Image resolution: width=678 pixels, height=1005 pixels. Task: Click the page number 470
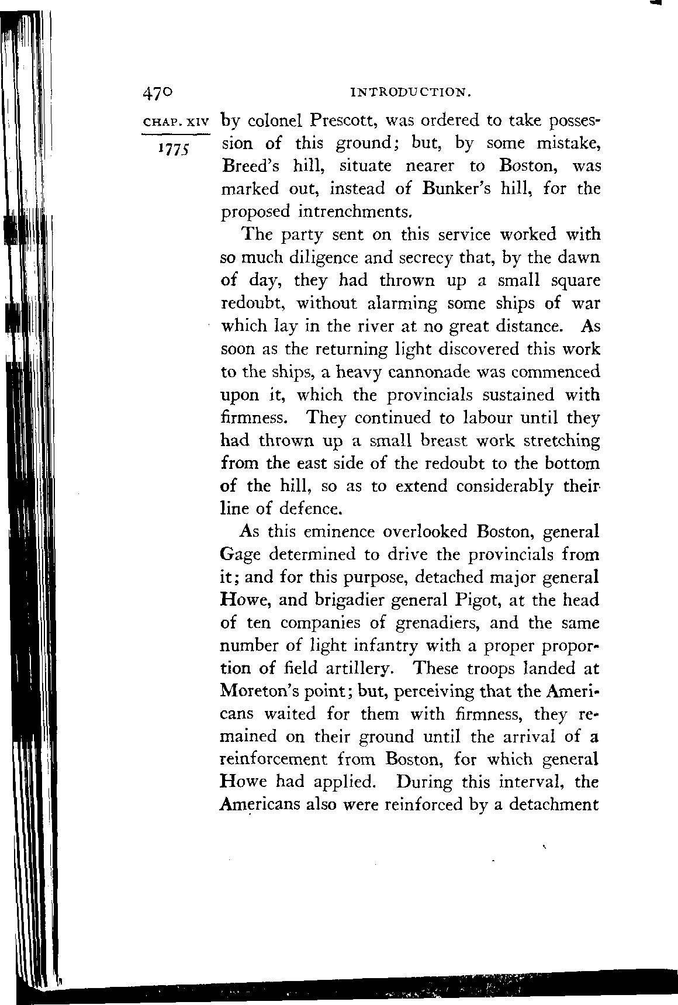click(x=157, y=93)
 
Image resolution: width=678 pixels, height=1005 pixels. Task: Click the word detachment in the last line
click(x=551, y=804)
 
